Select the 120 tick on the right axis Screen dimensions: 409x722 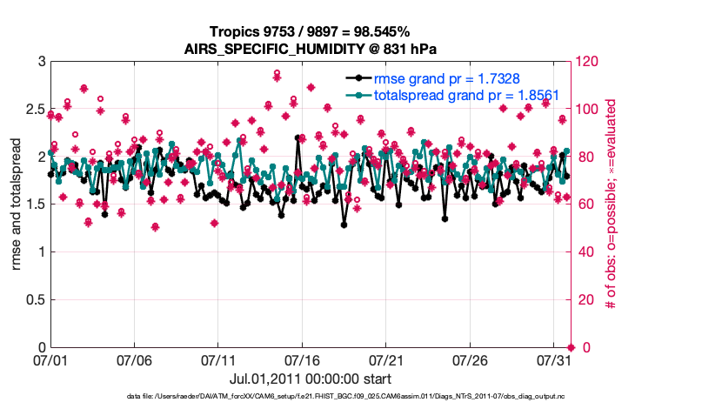(x=591, y=63)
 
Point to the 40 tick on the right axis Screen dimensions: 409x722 (x=587, y=252)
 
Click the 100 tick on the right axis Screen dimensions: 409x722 (x=591, y=110)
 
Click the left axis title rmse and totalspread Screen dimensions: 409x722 (x=17, y=204)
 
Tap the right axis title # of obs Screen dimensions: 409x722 (x=612, y=204)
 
